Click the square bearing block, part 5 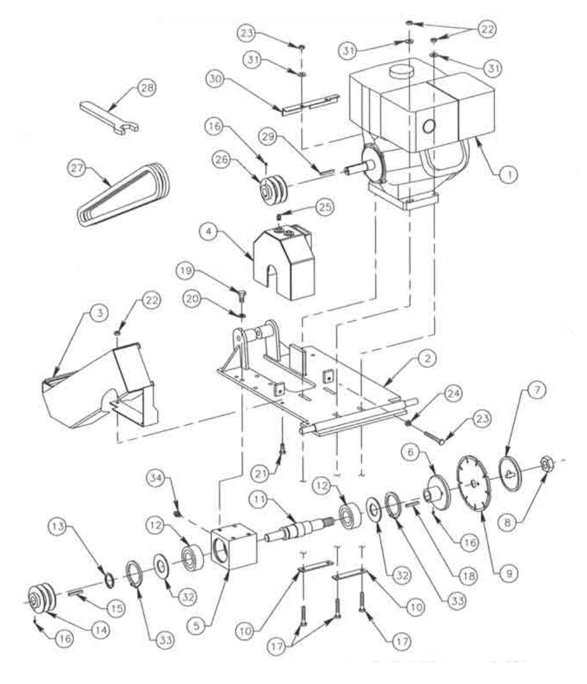point(233,546)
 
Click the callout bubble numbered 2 point(428,359)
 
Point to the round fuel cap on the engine point(404,70)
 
